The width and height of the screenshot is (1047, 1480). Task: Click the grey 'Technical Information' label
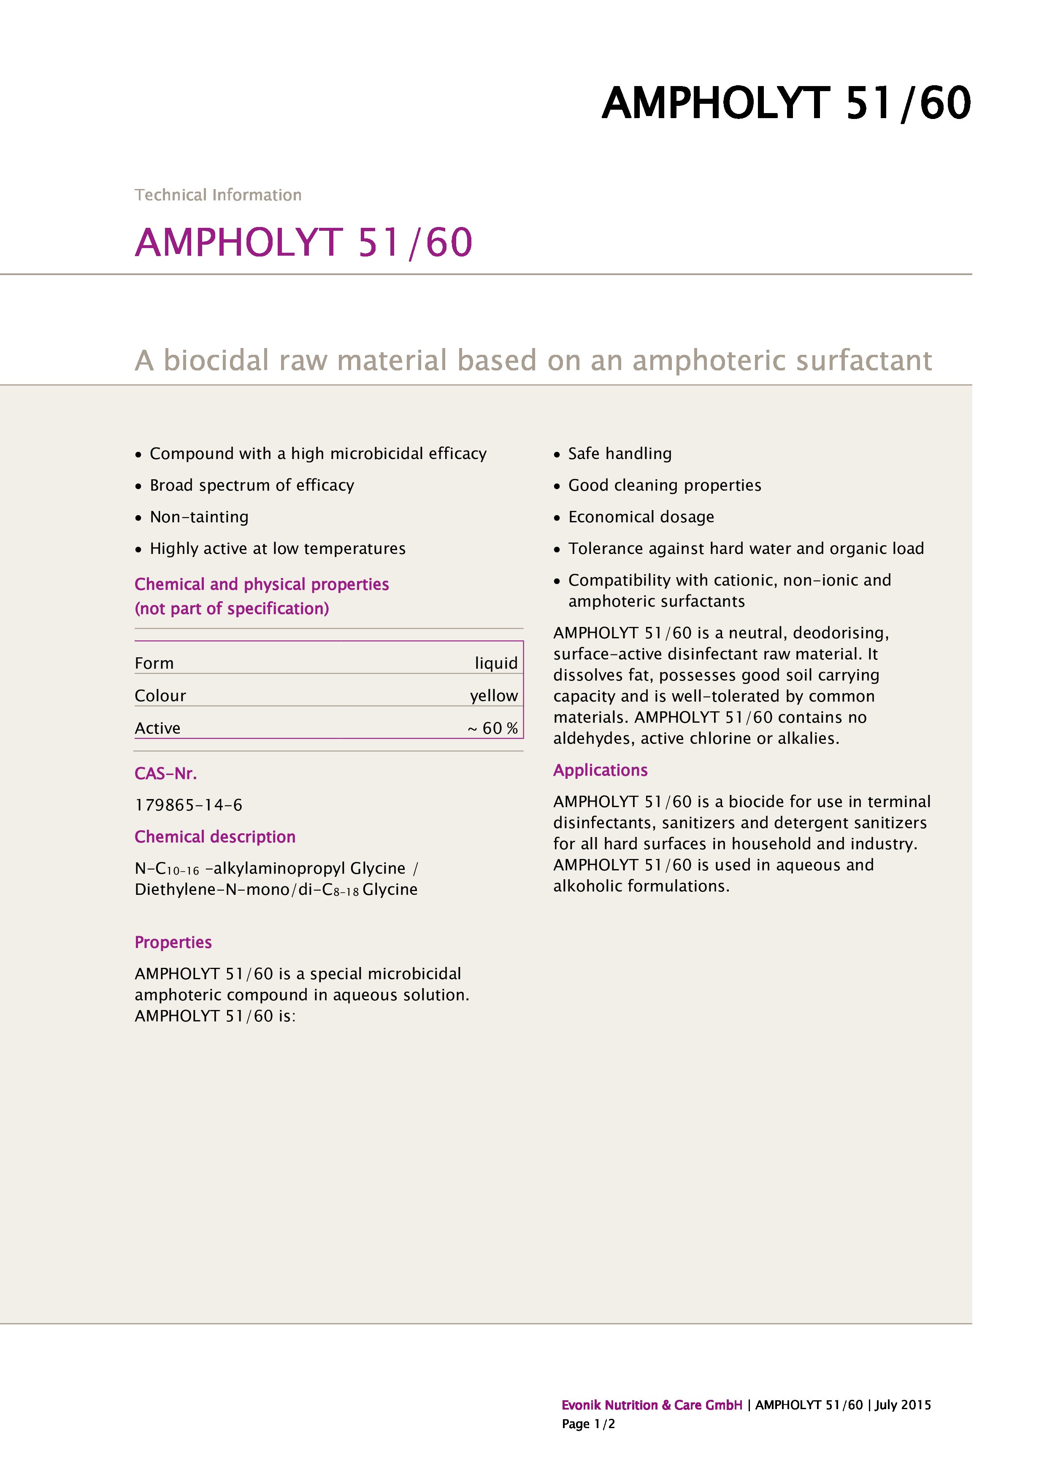218,194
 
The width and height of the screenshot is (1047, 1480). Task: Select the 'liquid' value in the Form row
496,663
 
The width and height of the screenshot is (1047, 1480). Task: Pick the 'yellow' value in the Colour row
493,696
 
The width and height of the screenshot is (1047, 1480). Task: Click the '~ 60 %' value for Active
492,728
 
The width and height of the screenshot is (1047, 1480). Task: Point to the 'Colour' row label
160,696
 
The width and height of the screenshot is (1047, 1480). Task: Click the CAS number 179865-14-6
188,805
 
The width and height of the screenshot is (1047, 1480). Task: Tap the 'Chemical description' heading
215,837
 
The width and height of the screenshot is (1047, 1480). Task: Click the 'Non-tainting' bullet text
199,517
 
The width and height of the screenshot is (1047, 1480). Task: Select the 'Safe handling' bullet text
620,454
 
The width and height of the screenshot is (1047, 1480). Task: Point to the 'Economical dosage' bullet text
641,517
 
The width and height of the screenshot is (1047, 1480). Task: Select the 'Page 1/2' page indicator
588,1423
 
